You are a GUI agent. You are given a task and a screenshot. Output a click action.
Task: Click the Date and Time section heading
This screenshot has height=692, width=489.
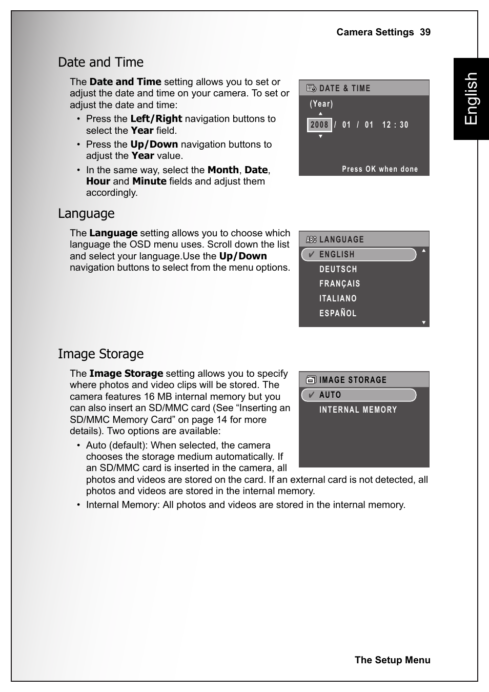[x=100, y=63]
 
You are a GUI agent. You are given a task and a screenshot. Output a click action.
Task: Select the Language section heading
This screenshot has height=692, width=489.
[x=86, y=214]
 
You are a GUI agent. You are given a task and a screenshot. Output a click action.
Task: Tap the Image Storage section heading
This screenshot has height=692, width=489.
[x=100, y=354]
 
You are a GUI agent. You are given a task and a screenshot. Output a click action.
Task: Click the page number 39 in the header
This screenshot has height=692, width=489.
[x=425, y=32]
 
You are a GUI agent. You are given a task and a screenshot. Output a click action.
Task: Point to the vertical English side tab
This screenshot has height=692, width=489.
[x=471, y=98]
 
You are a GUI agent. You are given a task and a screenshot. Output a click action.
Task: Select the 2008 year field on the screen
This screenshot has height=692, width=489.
[x=319, y=125]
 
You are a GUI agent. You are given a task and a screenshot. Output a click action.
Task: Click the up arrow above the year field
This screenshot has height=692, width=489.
[x=320, y=114]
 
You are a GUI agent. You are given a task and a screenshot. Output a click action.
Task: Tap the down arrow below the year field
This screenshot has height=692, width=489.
[x=320, y=136]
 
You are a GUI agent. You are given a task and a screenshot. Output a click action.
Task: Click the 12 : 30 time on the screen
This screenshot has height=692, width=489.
[x=395, y=125]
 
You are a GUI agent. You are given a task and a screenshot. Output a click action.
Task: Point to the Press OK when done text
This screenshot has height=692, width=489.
[x=380, y=169]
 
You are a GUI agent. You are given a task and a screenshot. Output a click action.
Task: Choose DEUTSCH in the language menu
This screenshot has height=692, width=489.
[x=338, y=269]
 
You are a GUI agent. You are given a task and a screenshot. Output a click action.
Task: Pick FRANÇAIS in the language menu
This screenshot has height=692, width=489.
[x=339, y=283]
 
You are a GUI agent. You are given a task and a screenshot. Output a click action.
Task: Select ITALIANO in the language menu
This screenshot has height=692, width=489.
[x=338, y=298]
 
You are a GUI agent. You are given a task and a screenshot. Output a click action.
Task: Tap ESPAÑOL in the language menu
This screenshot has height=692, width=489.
[x=338, y=313]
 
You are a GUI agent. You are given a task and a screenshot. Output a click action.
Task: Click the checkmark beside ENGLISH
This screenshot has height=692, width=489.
[x=311, y=254]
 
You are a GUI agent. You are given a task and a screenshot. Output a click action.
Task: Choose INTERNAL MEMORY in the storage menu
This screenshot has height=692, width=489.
[x=358, y=410]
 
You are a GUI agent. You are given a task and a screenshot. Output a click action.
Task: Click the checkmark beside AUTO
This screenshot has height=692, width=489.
[x=311, y=395]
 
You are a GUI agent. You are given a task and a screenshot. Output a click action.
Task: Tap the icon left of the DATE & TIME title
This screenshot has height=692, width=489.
[x=311, y=88]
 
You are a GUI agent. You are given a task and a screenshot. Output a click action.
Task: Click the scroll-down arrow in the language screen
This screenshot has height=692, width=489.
[x=424, y=322]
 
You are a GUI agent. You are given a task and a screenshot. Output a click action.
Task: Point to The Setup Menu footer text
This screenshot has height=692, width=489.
[x=392, y=660]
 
